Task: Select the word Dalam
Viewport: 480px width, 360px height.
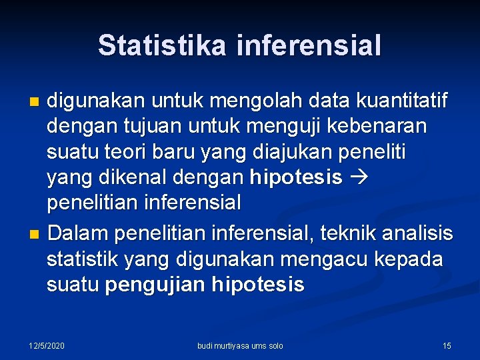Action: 77,234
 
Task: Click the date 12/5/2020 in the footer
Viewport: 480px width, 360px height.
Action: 47,345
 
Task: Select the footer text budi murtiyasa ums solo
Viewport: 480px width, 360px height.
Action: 240,345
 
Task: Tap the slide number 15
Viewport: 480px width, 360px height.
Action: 447,345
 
